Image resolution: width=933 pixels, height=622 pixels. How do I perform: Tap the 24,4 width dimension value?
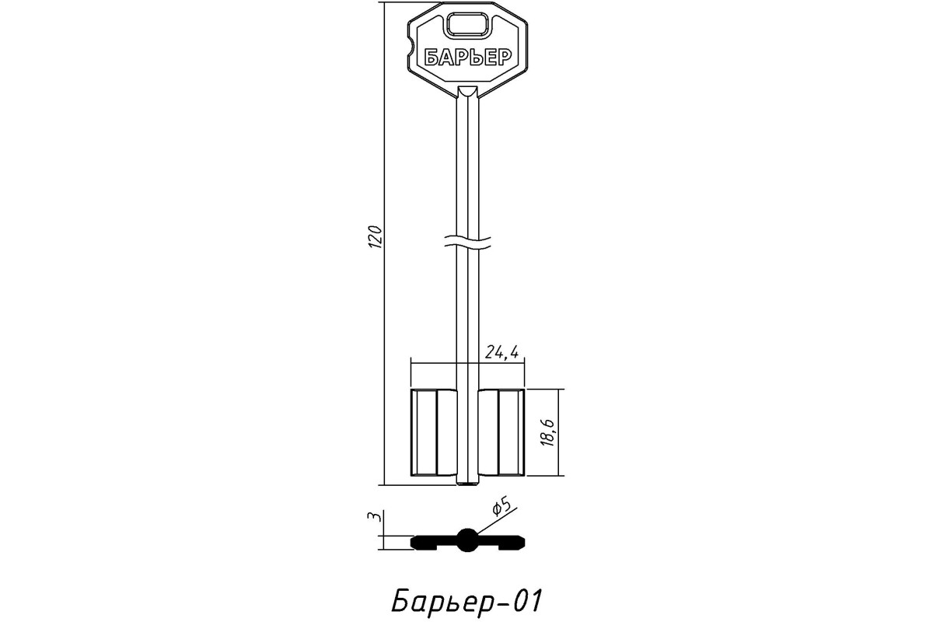coord(502,352)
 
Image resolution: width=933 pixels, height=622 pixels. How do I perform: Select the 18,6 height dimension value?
coord(549,433)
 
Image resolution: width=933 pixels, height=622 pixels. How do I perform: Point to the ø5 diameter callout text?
coord(501,507)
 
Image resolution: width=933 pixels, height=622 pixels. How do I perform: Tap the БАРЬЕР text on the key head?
coord(468,58)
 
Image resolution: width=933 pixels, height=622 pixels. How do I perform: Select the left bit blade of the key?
coord(434,432)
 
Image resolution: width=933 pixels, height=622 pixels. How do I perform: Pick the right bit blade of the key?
coord(501,432)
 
